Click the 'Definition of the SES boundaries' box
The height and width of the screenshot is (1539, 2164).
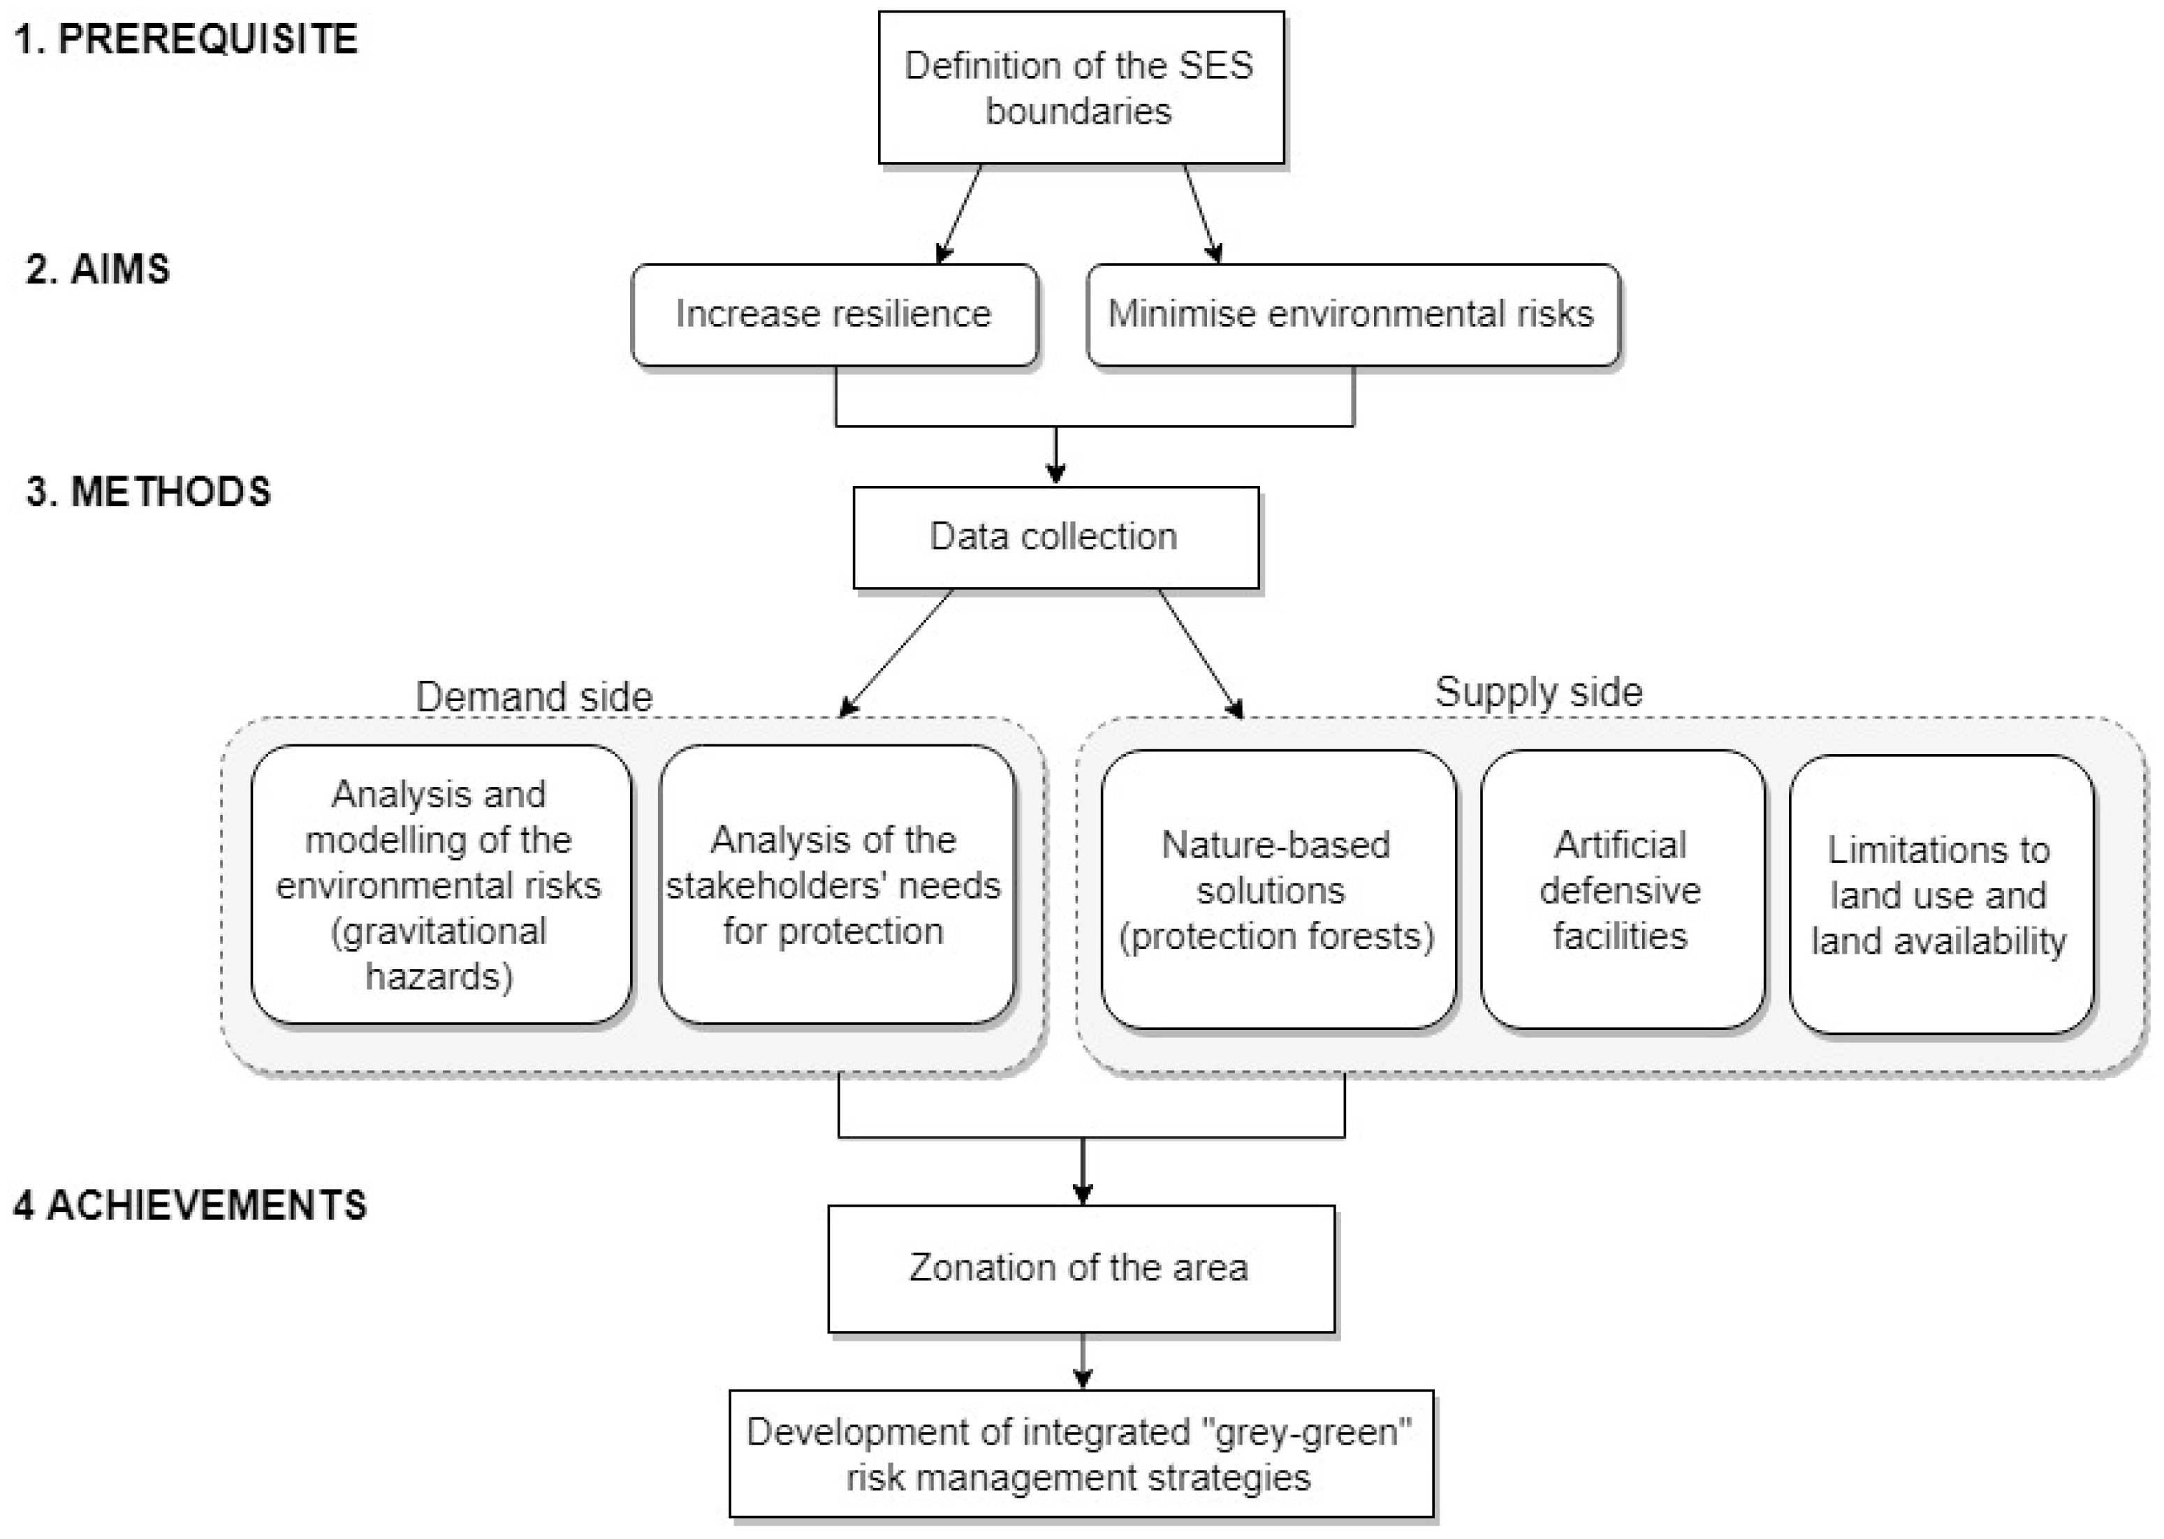point(1081,87)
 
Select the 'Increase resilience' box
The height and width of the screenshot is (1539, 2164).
point(834,315)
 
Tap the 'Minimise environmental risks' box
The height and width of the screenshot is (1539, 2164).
point(1352,315)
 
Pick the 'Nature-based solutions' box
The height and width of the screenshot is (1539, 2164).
point(1278,889)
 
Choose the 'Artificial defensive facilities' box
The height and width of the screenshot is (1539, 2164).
point(1622,889)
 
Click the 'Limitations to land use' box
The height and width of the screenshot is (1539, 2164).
point(1940,894)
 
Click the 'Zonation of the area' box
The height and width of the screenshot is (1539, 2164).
point(1081,1268)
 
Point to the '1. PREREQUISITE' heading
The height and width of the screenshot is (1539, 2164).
point(187,39)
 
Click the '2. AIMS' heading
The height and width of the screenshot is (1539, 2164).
point(98,269)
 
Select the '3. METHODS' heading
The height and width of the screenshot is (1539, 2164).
point(149,492)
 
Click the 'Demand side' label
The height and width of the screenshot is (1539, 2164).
point(534,697)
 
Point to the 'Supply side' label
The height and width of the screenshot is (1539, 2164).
point(1537,692)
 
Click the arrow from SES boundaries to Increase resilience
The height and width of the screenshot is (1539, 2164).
point(958,213)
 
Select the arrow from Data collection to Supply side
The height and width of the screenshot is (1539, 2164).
point(1200,653)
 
